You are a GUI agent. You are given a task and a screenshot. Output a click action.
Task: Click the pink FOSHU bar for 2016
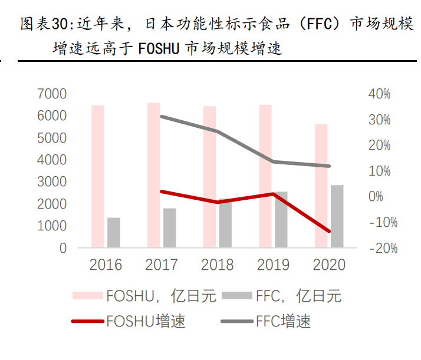[98, 176]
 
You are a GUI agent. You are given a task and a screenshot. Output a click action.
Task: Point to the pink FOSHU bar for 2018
[209, 177]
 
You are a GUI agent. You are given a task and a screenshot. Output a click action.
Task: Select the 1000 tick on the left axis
[52, 226]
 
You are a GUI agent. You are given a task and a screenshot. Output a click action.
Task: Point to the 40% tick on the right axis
[379, 94]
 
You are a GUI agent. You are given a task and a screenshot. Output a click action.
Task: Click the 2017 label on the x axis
[162, 265]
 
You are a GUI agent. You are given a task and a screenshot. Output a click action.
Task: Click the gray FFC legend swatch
[238, 295]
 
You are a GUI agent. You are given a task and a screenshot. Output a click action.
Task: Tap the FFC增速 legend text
[283, 322]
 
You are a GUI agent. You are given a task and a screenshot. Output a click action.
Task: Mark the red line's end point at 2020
[329, 231]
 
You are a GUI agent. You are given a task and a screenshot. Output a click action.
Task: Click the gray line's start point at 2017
[162, 117]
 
